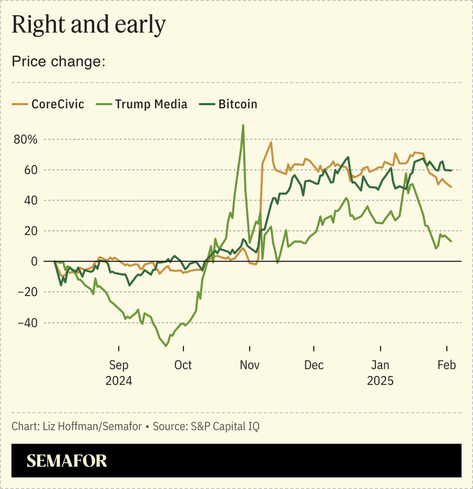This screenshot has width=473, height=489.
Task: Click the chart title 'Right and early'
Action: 88,25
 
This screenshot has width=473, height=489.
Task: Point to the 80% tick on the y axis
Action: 25,140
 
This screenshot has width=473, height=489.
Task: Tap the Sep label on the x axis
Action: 119,365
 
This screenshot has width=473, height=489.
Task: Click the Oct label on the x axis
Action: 183,365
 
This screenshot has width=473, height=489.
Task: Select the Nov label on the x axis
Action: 249,365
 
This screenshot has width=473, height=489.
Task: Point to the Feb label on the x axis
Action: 446,365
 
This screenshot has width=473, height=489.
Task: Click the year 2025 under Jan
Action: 380,381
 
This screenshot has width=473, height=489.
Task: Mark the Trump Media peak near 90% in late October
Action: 243,126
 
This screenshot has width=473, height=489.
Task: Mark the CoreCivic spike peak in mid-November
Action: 271,142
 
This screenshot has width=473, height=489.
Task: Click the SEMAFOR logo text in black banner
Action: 67,461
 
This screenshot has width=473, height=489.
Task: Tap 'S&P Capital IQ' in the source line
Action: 226,426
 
